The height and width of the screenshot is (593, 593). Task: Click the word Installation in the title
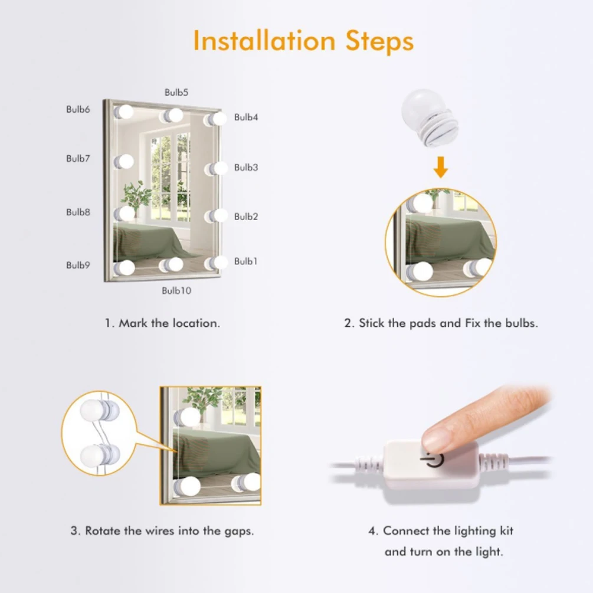pos(264,41)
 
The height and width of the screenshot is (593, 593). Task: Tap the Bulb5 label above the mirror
pos(176,92)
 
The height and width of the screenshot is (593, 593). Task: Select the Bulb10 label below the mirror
pos(176,290)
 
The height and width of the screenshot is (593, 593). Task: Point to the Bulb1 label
pos(246,261)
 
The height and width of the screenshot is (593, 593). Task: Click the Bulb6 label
pos(78,109)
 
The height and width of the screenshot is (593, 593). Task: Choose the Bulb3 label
pos(246,168)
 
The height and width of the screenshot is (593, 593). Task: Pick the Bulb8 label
pos(78,212)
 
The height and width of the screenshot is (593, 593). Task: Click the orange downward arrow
pos(441,167)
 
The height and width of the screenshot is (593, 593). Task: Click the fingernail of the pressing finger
pos(435,438)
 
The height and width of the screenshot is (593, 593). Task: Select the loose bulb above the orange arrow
pos(429,117)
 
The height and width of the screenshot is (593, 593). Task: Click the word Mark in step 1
pos(133,323)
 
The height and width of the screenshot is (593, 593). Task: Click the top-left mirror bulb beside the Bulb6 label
pos(124,112)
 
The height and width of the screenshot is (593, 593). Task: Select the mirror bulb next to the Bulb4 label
pos(216,119)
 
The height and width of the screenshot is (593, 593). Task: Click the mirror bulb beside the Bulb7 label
pos(124,162)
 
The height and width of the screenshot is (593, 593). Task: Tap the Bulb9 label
pos(78,265)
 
